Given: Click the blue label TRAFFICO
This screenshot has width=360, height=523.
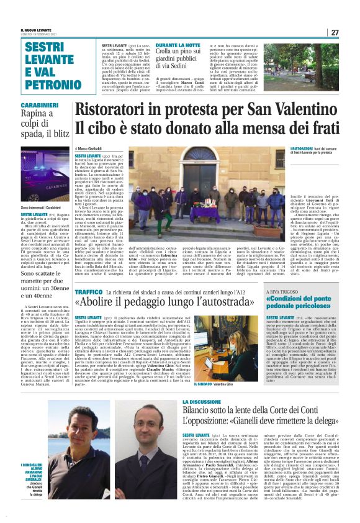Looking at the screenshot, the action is point(89,291).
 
